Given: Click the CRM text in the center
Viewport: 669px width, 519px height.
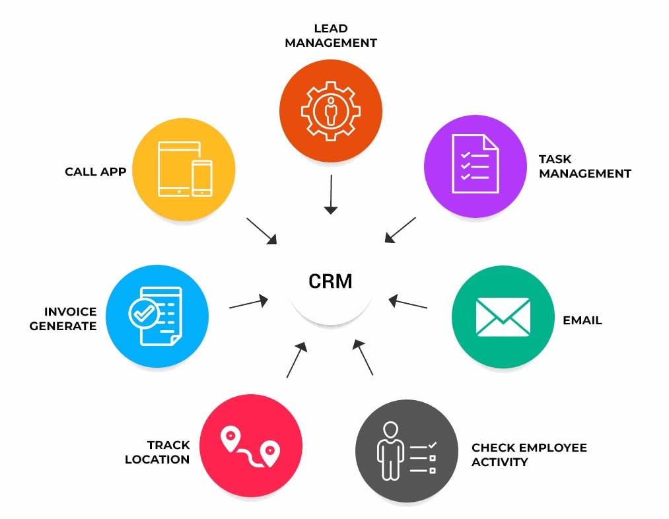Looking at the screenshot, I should click(x=330, y=281).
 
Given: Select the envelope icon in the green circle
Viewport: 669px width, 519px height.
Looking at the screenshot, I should click(x=503, y=317).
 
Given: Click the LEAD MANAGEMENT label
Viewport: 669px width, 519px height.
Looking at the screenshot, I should click(x=330, y=36).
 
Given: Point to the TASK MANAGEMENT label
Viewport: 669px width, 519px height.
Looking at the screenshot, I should click(x=584, y=166).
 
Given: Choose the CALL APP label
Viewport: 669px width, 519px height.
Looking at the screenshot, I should click(x=95, y=172).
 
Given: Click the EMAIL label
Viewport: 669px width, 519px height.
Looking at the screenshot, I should click(x=582, y=320).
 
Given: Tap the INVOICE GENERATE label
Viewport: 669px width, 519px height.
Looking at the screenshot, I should click(x=63, y=319).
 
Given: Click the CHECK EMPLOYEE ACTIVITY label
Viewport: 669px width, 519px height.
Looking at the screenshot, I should click(x=528, y=455).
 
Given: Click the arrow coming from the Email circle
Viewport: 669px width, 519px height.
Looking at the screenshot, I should click(x=408, y=303).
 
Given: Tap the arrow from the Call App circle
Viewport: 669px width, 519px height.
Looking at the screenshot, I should click(x=262, y=231).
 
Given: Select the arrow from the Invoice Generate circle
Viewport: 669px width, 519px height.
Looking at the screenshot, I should click(x=248, y=304).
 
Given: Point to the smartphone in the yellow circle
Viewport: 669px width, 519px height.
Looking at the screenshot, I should click(x=202, y=178).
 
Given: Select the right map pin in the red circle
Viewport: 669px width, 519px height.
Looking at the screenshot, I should click(x=269, y=453).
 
